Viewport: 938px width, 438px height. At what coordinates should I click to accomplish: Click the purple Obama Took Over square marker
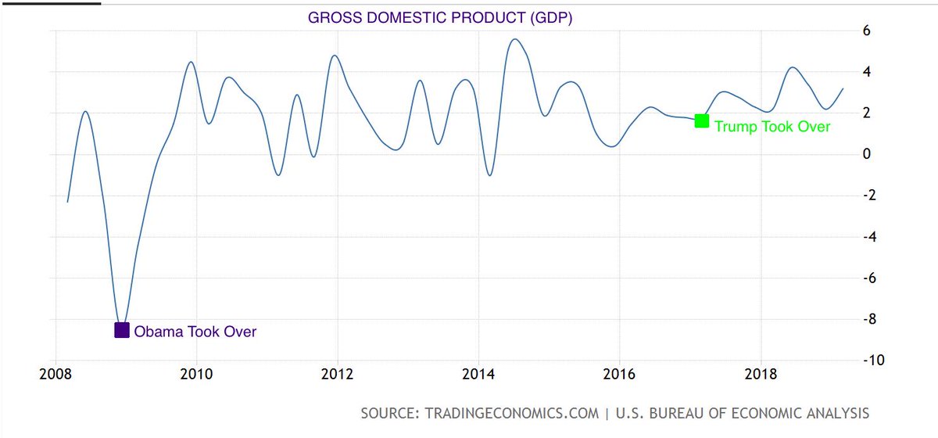point(122,330)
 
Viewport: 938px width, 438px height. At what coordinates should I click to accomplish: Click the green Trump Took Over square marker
point(701,120)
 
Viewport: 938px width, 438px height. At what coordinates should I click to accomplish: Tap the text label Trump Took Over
point(772,127)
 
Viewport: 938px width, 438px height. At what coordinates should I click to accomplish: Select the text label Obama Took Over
point(195,332)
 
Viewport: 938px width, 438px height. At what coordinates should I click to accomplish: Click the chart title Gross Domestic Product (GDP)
point(439,18)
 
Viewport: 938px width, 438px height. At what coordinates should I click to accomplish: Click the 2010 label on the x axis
point(195,373)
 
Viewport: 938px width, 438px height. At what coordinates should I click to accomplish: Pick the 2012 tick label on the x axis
point(337,373)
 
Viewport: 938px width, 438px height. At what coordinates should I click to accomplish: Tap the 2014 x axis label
point(478,373)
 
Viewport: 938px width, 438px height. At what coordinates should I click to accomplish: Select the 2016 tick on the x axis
point(619,373)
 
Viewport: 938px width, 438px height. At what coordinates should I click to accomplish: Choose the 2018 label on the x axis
point(761,373)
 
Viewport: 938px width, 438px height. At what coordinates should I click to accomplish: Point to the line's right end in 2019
point(843,88)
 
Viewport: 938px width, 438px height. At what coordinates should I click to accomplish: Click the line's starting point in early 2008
point(68,202)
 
